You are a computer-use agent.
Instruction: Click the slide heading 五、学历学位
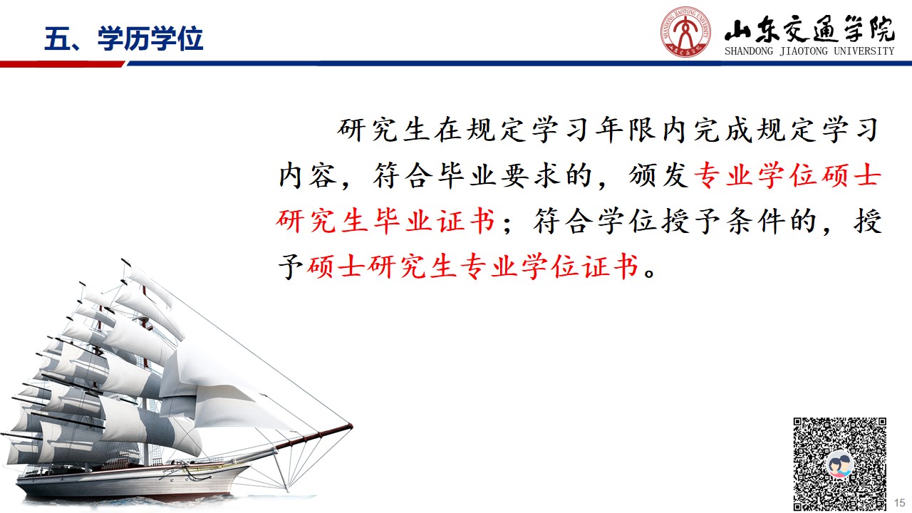tap(123, 39)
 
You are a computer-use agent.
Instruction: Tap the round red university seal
tap(685, 32)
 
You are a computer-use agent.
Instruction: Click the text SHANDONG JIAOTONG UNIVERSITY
tap(809, 51)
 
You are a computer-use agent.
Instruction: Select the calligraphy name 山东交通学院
tap(809, 29)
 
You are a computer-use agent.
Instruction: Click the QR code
tap(839, 464)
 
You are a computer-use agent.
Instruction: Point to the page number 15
tap(899, 503)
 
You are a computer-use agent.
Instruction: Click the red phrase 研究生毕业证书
tap(385, 221)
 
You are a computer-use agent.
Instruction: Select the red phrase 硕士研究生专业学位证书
tap(472, 266)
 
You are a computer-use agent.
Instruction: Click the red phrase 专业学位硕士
tap(788, 175)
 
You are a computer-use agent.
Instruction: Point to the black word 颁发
tap(658, 175)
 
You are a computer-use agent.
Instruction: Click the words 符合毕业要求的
tap(482, 175)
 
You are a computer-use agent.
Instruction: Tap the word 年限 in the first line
tap(626, 130)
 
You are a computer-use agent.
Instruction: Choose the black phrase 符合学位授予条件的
tap(675, 221)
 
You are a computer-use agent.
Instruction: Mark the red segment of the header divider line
tap(62, 64)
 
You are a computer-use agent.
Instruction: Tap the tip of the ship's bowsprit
tap(351, 426)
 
